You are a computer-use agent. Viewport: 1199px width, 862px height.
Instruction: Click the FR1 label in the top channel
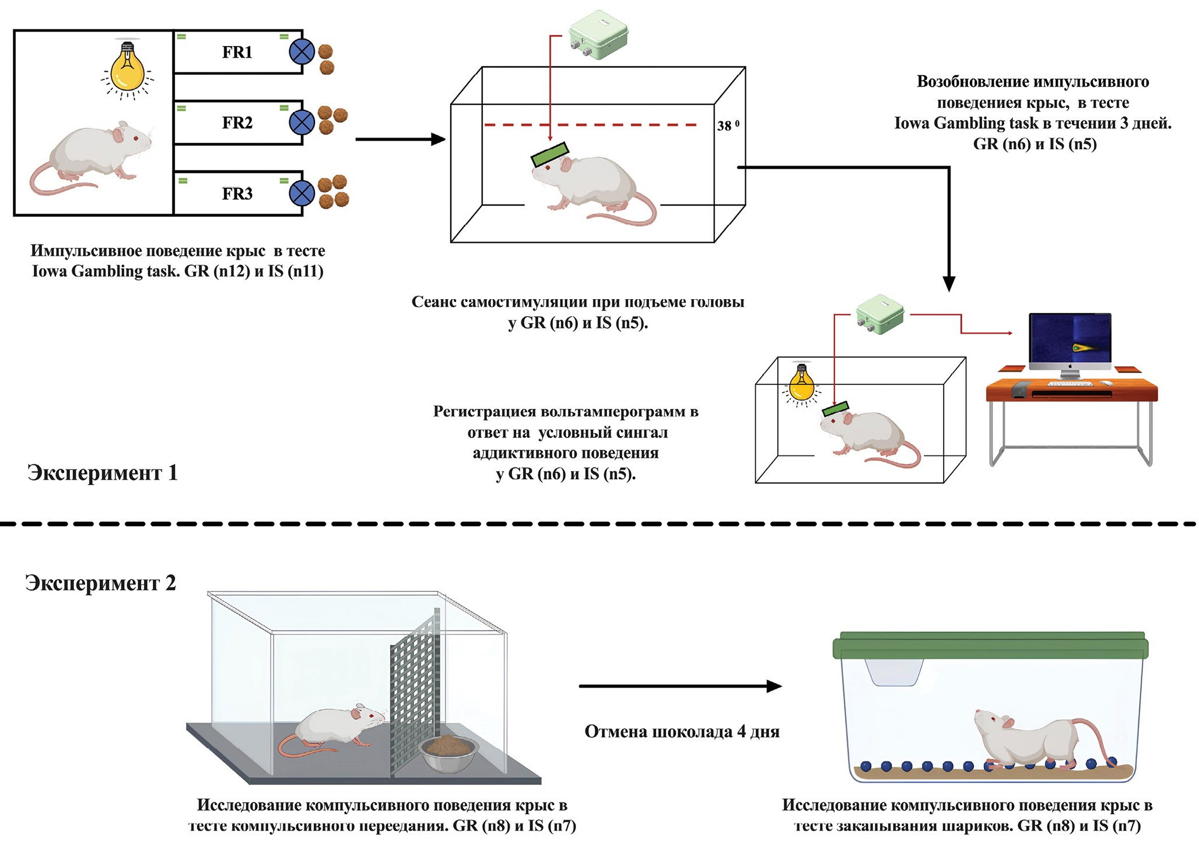coord(237,52)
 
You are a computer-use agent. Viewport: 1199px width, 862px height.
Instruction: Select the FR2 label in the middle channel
coord(237,122)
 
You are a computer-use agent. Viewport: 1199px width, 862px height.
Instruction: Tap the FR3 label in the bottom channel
coord(237,194)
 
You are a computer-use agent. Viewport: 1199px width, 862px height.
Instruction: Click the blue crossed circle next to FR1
coord(302,52)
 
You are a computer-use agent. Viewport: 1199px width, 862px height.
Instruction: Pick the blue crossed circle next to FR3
coord(302,194)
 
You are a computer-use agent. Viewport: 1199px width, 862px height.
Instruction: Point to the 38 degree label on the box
coord(728,125)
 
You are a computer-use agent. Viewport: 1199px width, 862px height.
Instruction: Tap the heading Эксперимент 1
coord(102,472)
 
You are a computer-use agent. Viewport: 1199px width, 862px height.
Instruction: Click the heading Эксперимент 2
coord(100,583)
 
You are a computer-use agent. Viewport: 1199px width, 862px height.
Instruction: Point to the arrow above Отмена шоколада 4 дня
coord(680,686)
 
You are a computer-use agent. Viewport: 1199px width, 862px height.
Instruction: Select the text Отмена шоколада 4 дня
coord(682,731)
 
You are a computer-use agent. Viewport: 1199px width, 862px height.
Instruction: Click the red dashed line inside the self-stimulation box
coord(590,125)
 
